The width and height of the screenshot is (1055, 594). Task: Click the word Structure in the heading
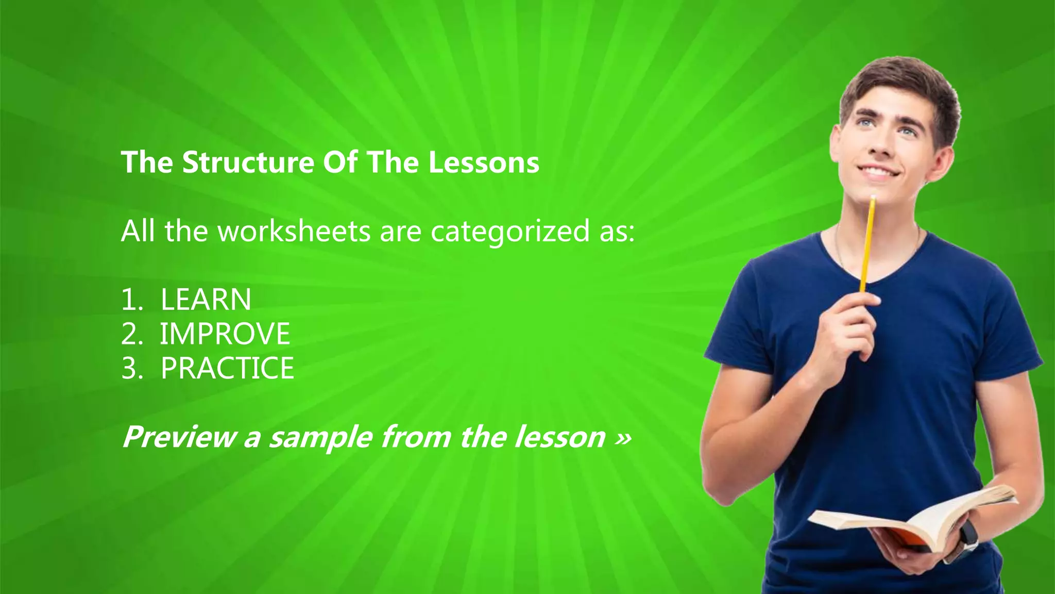(248, 162)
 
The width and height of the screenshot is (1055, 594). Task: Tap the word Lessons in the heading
(484, 162)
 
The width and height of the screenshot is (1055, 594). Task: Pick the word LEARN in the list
(206, 300)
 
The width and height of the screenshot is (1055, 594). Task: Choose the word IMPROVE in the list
(225, 334)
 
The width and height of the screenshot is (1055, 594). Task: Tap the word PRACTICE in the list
(227, 368)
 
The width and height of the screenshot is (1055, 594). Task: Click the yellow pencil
(867, 242)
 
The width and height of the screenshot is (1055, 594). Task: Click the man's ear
(944, 157)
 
